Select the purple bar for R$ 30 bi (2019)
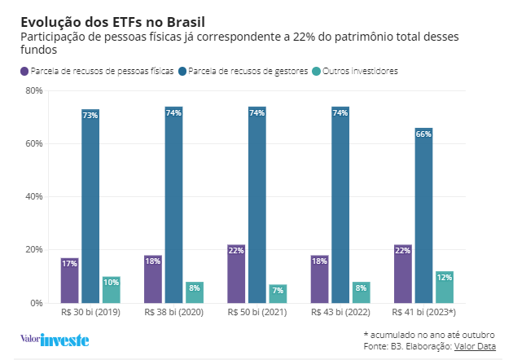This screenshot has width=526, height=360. click(x=69, y=280)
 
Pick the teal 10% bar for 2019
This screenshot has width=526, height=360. click(x=112, y=290)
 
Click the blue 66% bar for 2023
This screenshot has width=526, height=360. click(x=423, y=215)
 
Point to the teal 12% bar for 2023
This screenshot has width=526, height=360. click(x=445, y=288)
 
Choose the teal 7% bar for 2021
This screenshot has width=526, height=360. click(x=278, y=294)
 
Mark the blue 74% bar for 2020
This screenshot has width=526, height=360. click(x=173, y=204)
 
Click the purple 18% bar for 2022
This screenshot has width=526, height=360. click(x=319, y=279)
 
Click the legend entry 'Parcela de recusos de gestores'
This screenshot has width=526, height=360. click(x=247, y=72)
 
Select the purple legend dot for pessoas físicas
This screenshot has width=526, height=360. click(x=24, y=72)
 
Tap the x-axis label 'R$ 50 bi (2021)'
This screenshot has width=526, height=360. click(x=257, y=312)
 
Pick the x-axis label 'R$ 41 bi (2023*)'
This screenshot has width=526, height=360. click(x=423, y=312)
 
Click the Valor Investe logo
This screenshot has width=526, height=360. click(x=54, y=340)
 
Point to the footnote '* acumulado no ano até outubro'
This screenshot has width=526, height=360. click(x=428, y=335)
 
